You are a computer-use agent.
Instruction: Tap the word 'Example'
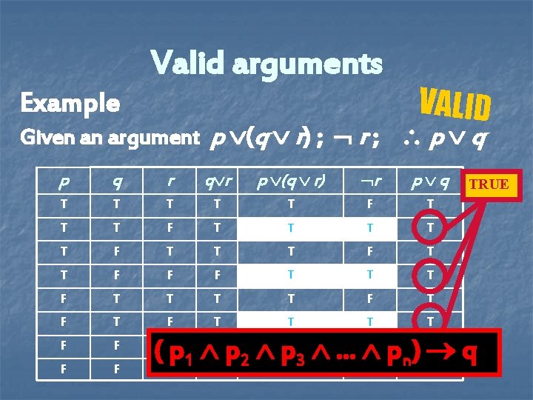(x=70, y=103)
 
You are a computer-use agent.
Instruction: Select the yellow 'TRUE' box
(x=489, y=184)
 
